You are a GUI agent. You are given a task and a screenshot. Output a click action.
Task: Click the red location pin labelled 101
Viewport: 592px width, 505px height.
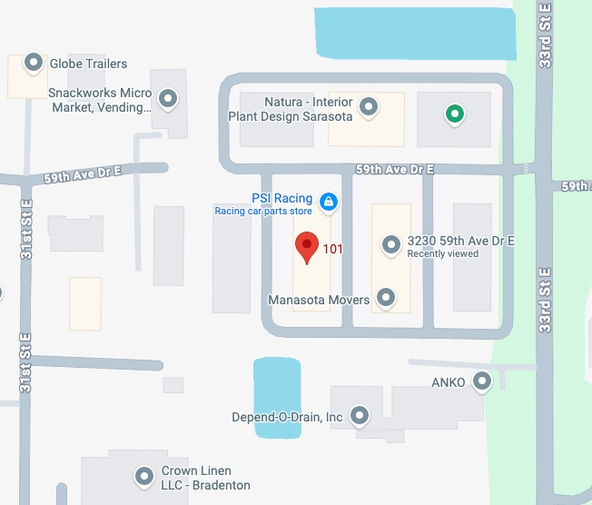tap(307, 246)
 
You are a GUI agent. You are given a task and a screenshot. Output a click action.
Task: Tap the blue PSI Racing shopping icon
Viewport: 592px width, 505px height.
tap(329, 202)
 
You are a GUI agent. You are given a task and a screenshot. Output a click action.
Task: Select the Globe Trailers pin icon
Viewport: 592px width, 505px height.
tap(34, 63)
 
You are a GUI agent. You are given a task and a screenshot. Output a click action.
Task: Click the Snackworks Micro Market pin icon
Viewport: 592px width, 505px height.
tap(167, 98)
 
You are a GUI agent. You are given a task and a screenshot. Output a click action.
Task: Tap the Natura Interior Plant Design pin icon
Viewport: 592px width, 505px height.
tap(369, 107)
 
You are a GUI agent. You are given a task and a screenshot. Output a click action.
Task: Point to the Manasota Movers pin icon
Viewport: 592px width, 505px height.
tap(386, 297)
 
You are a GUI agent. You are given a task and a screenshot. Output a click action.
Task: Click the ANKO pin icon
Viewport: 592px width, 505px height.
tap(482, 381)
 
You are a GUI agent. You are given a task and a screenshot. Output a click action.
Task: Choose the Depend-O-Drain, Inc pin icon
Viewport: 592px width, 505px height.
tap(360, 416)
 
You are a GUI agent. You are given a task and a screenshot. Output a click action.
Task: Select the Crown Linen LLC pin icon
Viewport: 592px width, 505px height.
tap(143, 475)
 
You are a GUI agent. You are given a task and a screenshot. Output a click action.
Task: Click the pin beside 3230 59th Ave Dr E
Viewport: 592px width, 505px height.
tap(390, 244)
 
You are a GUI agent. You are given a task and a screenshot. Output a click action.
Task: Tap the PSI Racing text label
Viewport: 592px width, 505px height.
tap(281, 198)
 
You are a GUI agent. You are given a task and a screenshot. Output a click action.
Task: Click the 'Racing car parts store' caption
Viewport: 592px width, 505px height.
tap(262, 212)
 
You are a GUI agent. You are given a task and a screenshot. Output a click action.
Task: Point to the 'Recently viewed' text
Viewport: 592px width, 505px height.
tap(442, 254)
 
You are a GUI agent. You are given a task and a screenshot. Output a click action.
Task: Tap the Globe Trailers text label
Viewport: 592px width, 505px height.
tap(88, 64)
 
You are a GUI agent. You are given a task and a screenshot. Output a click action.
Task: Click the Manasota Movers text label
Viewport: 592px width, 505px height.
tap(319, 300)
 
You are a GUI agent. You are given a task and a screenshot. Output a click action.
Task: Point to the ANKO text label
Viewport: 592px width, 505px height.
tap(449, 382)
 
